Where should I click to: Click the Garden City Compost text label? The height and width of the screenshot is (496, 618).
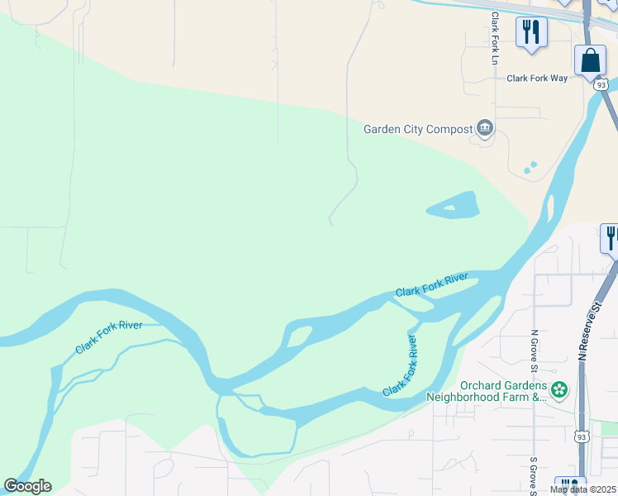418,129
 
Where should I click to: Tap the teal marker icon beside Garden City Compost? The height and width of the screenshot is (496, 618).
485,128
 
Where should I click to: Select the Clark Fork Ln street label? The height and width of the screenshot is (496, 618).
495,38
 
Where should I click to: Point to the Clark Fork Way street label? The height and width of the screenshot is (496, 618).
537,78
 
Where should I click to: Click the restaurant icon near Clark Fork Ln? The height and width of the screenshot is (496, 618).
530,32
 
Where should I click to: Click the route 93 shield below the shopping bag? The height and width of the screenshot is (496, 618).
601,85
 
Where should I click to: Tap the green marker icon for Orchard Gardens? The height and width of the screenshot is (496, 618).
559,389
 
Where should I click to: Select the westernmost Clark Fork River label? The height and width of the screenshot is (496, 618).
109,337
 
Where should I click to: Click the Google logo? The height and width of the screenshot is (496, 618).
27,486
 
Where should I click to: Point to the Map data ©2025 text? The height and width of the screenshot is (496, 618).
583,489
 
